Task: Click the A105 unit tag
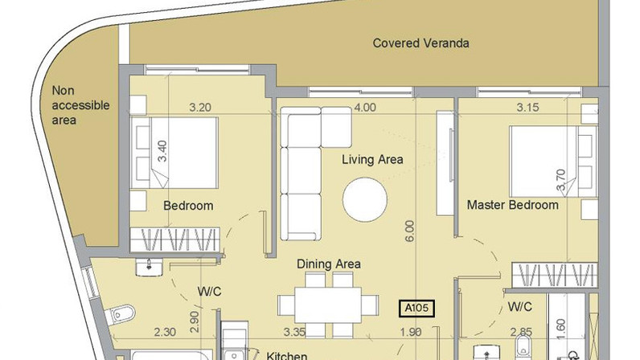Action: [x=416, y=308]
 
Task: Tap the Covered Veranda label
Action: [x=421, y=43]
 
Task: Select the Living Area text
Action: [x=372, y=159]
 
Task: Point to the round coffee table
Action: [x=365, y=199]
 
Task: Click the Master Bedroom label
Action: [x=513, y=204]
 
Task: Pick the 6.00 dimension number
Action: [x=409, y=231]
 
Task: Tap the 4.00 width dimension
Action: [x=365, y=108]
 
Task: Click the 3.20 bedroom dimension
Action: [x=200, y=108]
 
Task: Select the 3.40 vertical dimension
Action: [x=162, y=151]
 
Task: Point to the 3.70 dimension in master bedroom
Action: [x=561, y=179]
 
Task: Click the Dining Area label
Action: [x=329, y=264]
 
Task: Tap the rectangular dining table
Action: [x=328, y=305]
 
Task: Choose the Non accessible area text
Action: [x=81, y=105]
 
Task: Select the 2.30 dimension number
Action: [x=165, y=332]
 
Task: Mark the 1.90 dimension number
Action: [x=411, y=332]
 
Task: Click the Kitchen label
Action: [x=286, y=355]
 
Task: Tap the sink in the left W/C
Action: [x=149, y=268]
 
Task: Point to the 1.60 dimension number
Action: [x=561, y=329]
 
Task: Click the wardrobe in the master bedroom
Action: [x=555, y=276]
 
